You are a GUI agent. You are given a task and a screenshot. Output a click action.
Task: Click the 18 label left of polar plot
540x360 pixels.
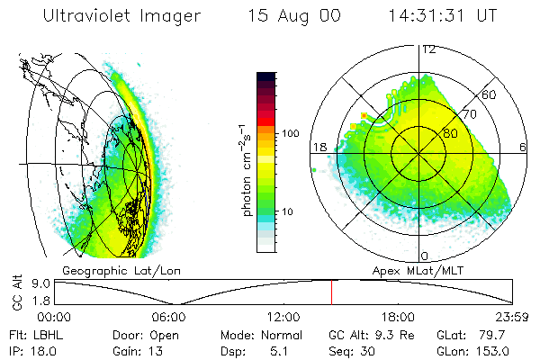tap(319, 148)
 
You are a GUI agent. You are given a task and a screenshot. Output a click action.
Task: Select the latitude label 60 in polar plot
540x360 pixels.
tap(490, 94)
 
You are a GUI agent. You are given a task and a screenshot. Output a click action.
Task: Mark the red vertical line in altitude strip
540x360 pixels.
tap(331, 292)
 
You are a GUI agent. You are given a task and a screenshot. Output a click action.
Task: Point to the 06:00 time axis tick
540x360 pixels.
tap(168, 317)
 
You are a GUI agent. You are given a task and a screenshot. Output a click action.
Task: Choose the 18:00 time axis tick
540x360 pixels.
tap(398, 317)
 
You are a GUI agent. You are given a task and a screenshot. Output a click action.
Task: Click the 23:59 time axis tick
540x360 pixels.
tap(512, 317)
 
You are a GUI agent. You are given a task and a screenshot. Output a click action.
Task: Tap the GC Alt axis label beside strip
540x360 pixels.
tap(16, 292)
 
